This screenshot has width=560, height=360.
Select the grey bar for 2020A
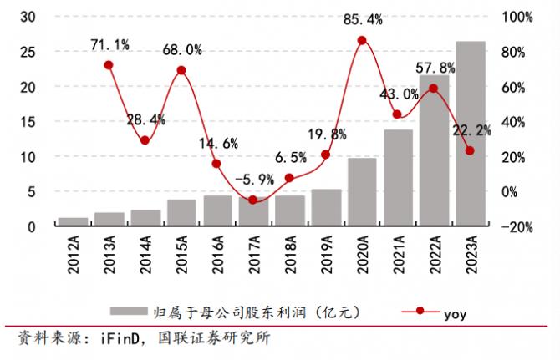pos(362,192)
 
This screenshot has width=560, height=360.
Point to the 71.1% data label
pos(109,43)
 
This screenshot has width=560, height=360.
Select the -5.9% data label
pos(252,178)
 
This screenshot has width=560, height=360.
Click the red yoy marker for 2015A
pos(181,70)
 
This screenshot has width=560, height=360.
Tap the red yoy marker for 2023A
pos(471,150)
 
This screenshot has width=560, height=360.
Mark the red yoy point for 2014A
pos(145,140)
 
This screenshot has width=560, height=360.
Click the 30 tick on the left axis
pos(27,17)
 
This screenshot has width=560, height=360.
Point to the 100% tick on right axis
pos(516,17)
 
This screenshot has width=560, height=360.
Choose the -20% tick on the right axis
pos(516,227)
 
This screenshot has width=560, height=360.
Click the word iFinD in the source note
pos(125,340)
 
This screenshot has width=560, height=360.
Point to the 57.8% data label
pos(436,67)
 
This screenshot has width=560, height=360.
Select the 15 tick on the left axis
pos(27,122)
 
